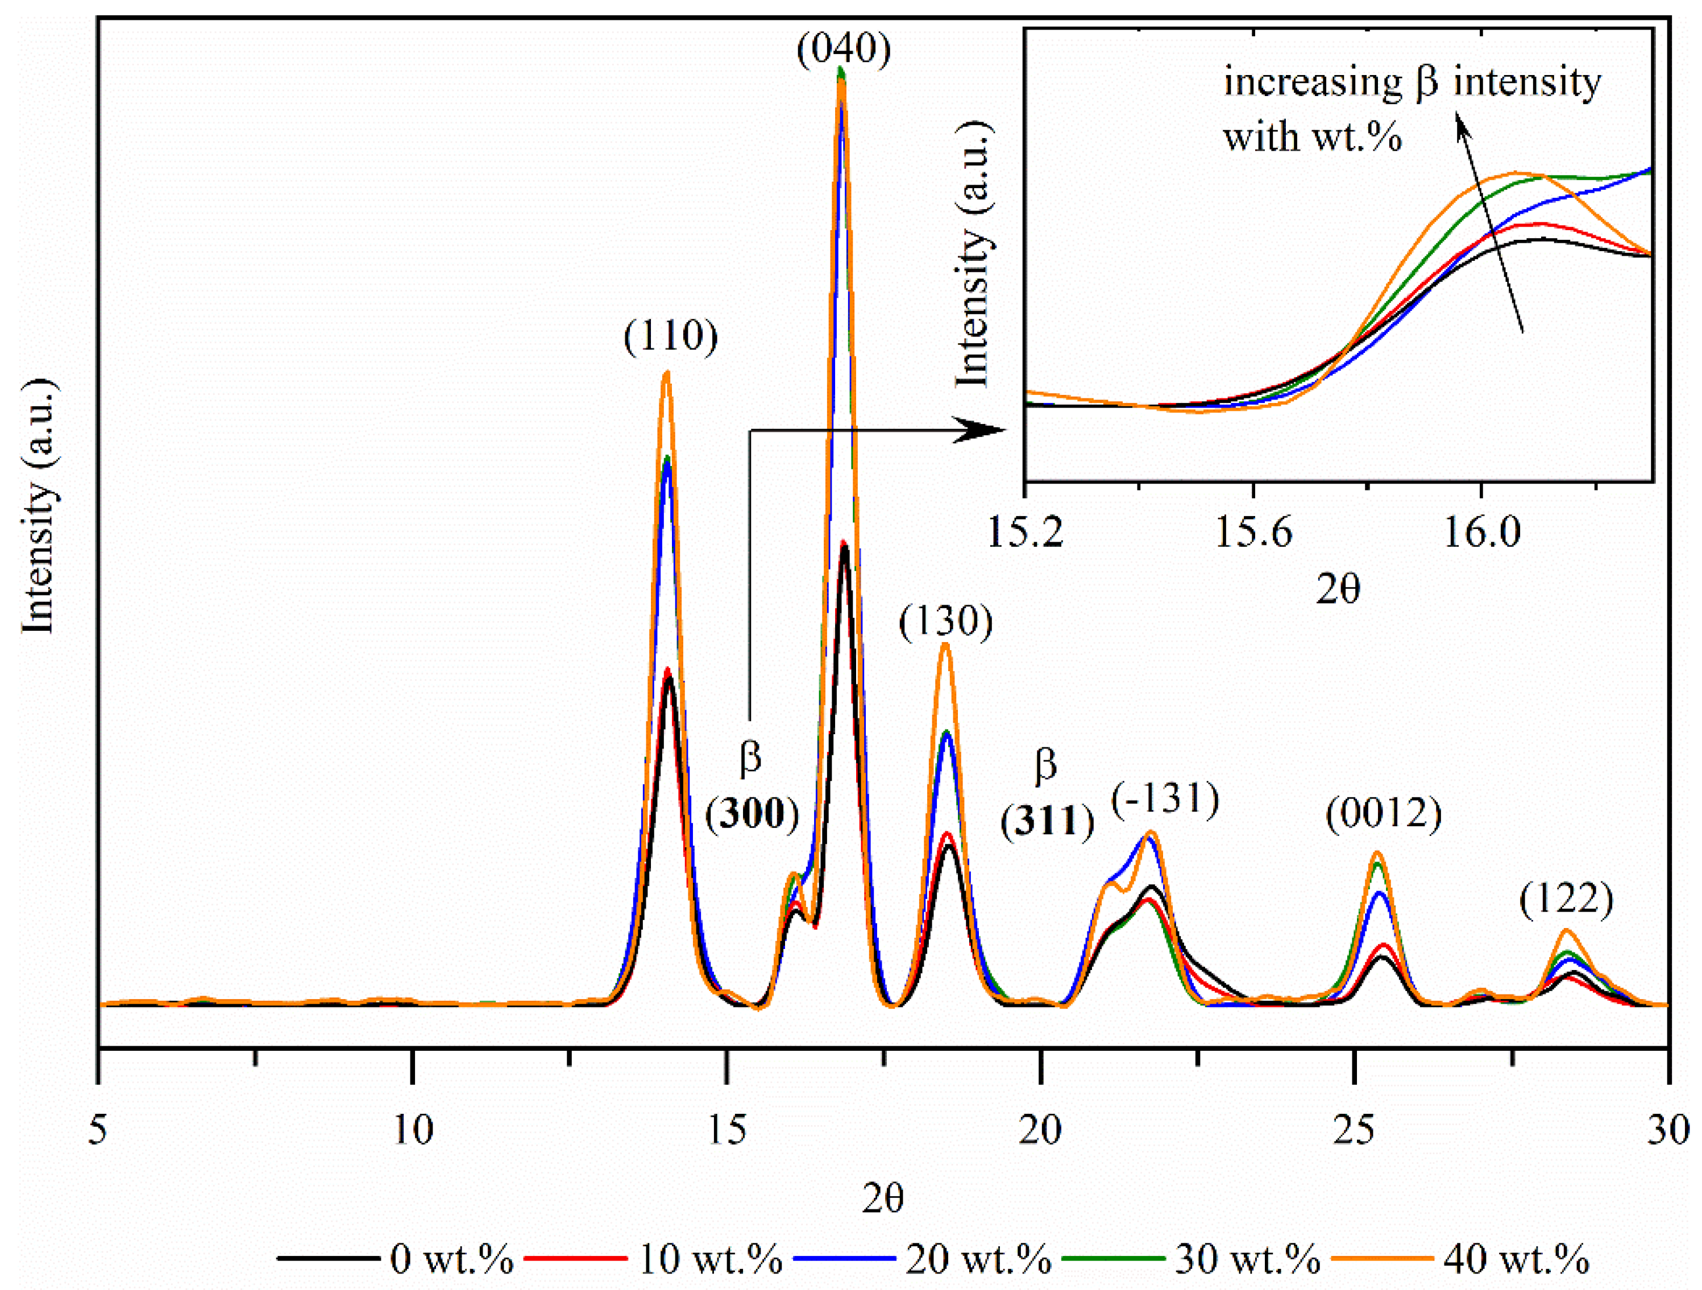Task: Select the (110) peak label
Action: (x=670, y=336)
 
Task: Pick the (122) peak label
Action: (x=1566, y=898)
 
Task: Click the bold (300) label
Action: (x=752, y=814)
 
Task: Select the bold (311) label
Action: (x=1047, y=822)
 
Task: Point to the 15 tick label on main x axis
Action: (x=727, y=1130)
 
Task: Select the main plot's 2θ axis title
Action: (x=882, y=1198)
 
